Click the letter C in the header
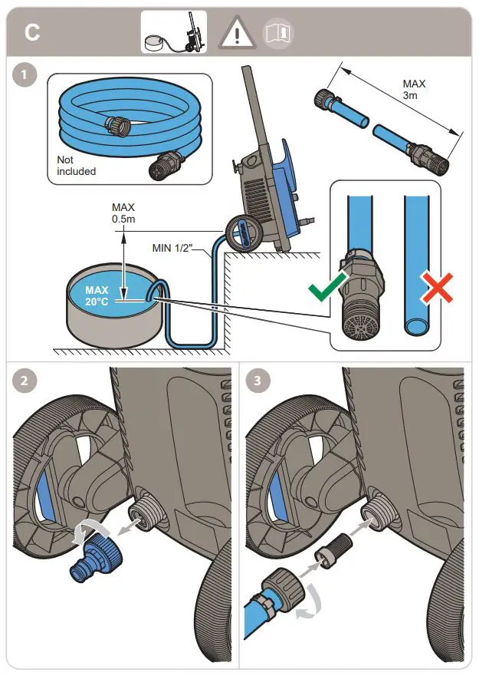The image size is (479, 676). (x=32, y=33)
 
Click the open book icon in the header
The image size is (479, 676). (x=278, y=33)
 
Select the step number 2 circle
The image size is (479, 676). (x=26, y=381)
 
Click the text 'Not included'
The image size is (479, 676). (x=76, y=165)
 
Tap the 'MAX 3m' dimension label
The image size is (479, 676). (x=414, y=89)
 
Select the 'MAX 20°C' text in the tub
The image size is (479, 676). (x=97, y=295)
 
